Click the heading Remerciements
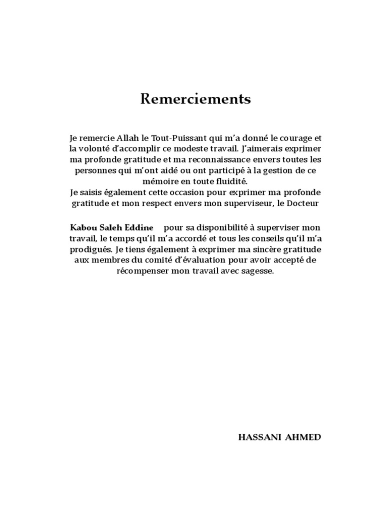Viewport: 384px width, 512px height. pos(195,99)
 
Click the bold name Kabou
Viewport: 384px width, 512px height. pos(81,227)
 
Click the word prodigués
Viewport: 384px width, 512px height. pos(90,249)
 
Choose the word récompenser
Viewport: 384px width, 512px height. pos(140,271)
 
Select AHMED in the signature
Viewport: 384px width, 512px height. pos(303,437)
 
